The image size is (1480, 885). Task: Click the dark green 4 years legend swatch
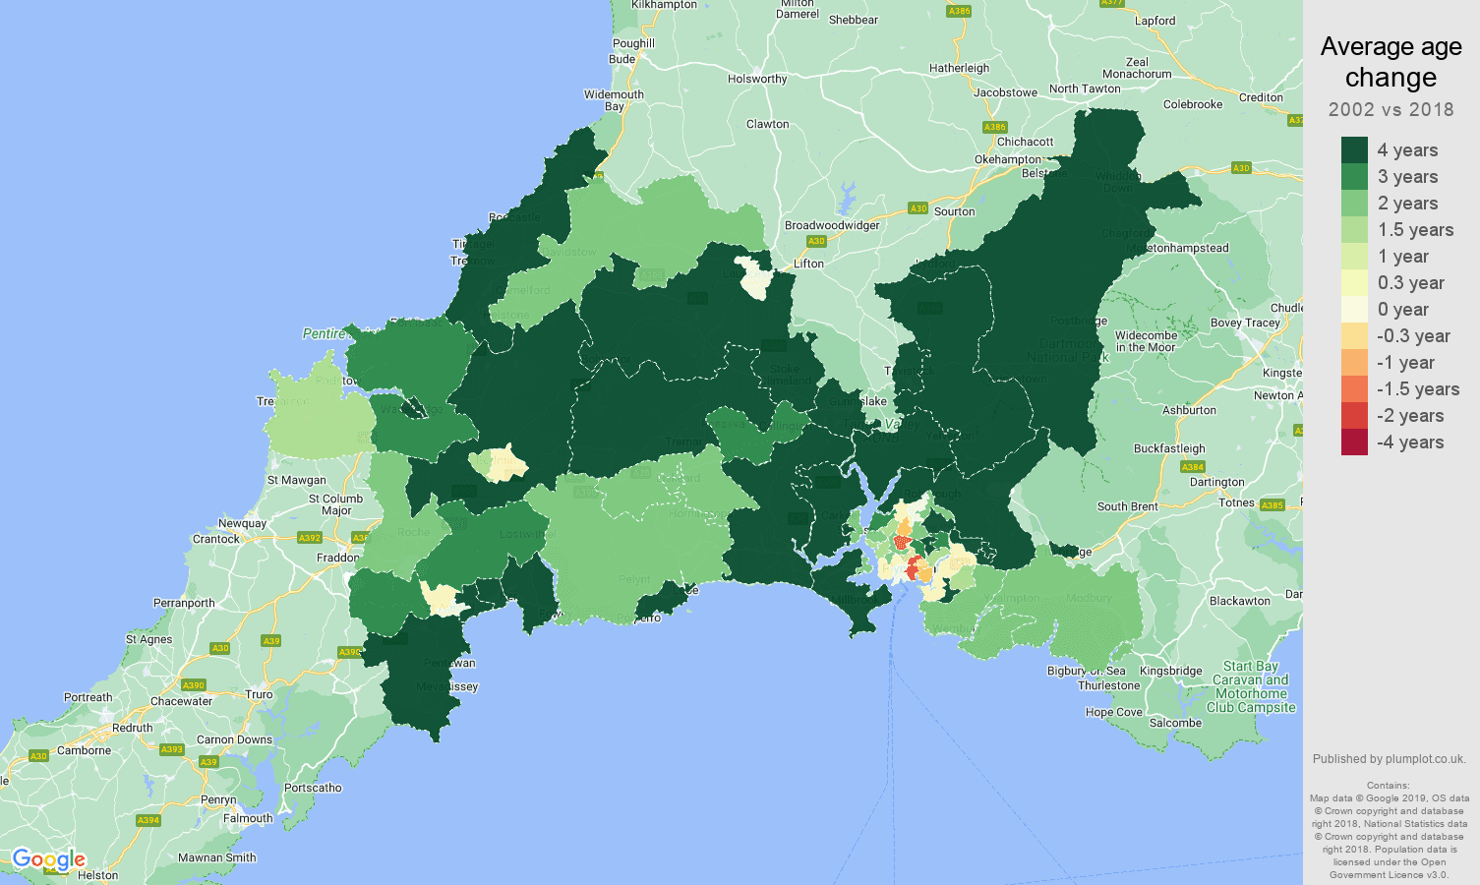(x=1354, y=150)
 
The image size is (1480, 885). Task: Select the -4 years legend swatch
(x=1354, y=442)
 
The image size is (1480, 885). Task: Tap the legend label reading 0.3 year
(x=1410, y=283)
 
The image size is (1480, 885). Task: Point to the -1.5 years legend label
(x=1417, y=389)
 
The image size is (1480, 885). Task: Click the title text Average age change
(x=1391, y=62)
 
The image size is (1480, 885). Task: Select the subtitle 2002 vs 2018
(x=1391, y=109)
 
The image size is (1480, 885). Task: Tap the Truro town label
(x=259, y=694)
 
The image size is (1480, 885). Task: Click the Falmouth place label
(x=248, y=818)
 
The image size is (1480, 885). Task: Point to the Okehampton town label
(x=1007, y=159)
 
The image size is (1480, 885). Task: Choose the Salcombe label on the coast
(x=1175, y=723)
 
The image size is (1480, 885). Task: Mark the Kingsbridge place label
(x=1170, y=671)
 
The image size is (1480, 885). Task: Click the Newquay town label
(x=242, y=523)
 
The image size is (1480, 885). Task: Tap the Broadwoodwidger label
(x=832, y=225)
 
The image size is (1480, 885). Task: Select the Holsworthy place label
(x=757, y=79)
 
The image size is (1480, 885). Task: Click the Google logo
(x=48, y=860)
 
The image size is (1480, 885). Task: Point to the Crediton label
(x=1261, y=97)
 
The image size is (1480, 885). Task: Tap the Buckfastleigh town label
(x=1169, y=448)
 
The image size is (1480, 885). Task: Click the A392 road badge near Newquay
(x=310, y=538)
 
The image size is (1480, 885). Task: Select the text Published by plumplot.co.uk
(x=1389, y=759)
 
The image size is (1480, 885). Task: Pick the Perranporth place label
(x=184, y=603)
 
